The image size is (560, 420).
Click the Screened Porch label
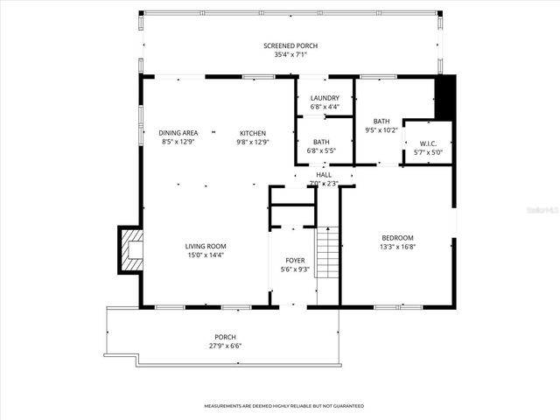pos(290,45)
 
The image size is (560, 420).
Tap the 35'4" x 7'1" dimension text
pos(290,54)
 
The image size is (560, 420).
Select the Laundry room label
pos(325,98)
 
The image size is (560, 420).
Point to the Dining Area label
pos(178,133)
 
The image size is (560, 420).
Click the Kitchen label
pos(253,133)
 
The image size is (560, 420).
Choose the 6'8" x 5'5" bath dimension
pos(321,150)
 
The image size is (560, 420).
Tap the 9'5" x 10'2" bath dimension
pos(381,130)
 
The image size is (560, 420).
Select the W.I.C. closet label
pos(428,143)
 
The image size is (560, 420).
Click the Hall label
pos(324,175)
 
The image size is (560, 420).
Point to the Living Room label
pos(206,246)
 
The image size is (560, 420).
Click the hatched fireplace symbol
pos(131,249)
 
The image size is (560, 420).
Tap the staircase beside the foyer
pos(326,252)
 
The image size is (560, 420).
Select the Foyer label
pos(295,261)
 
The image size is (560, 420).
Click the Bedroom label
pos(397,238)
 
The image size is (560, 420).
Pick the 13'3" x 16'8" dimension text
pos(397,247)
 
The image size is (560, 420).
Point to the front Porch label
pos(226,337)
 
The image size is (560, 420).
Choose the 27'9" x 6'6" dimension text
pos(226,346)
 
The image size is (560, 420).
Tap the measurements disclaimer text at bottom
pos(283,406)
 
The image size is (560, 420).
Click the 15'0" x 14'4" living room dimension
pos(206,255)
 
